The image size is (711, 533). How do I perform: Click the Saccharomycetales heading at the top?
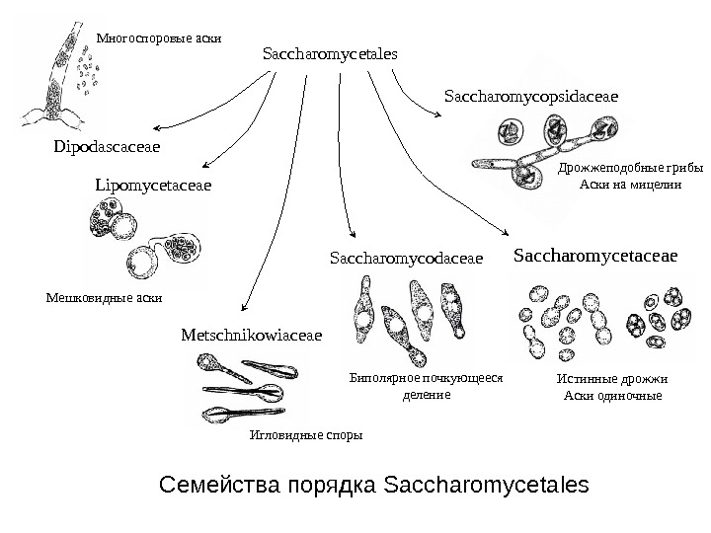click(330, 52)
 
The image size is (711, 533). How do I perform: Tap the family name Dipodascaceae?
click(106, 147)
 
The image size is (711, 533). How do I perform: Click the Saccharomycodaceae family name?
click(406, 260)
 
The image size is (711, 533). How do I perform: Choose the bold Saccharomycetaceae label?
click(596, 256)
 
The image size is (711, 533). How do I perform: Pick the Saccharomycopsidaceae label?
click(531, 98)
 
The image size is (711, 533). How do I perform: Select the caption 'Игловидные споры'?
click(306, 434)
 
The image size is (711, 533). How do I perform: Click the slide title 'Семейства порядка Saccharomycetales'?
click(373, 486)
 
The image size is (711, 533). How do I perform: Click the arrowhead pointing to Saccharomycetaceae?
click(508, 238)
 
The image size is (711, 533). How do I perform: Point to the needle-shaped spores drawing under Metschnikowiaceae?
click(247, 388)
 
